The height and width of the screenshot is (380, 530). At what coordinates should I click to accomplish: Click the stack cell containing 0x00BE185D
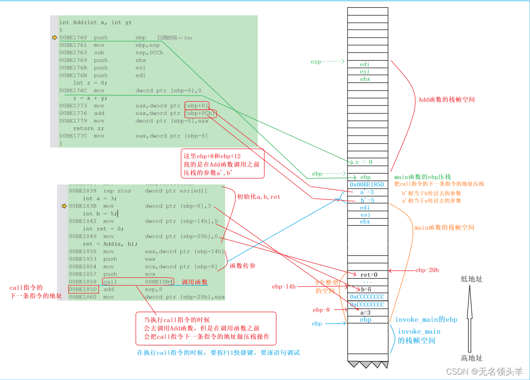[368, 184]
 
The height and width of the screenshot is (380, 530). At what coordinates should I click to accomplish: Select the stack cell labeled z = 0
[368, 162]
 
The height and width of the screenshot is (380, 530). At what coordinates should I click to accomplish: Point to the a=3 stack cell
[368, 312]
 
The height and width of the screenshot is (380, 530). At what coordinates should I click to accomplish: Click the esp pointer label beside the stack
[316, 61]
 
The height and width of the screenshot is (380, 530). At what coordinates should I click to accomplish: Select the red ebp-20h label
[427, 270]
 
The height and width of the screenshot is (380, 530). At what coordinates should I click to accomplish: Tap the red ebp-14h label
[284, 286]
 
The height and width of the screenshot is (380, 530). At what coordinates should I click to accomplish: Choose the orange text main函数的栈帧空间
[444, 227]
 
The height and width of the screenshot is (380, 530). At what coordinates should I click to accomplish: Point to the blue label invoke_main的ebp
[426, 319]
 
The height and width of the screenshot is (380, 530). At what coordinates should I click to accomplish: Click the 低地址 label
[472, 279]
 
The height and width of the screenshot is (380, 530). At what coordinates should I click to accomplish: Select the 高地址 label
[472, 358]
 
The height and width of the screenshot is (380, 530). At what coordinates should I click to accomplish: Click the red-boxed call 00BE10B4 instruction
[138, 282]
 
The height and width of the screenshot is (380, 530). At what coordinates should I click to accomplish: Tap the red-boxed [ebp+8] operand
[196, 106]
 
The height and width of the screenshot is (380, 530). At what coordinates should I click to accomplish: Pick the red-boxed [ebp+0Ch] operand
[200, 114]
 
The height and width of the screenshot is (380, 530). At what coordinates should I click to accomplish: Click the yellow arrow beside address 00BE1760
[55, 38]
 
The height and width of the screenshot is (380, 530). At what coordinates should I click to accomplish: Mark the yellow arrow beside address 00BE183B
[64, 206]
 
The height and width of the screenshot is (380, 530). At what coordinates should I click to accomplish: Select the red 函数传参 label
[242, 266]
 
